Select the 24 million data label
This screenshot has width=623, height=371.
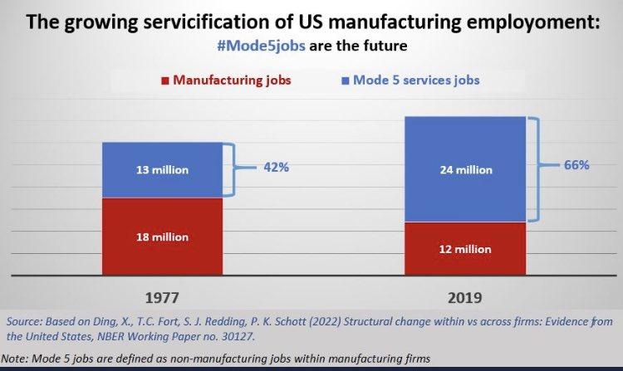pos(464,170)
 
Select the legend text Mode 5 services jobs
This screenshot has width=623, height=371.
pos(416,81)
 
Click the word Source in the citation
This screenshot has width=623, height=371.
pos(22,320)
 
